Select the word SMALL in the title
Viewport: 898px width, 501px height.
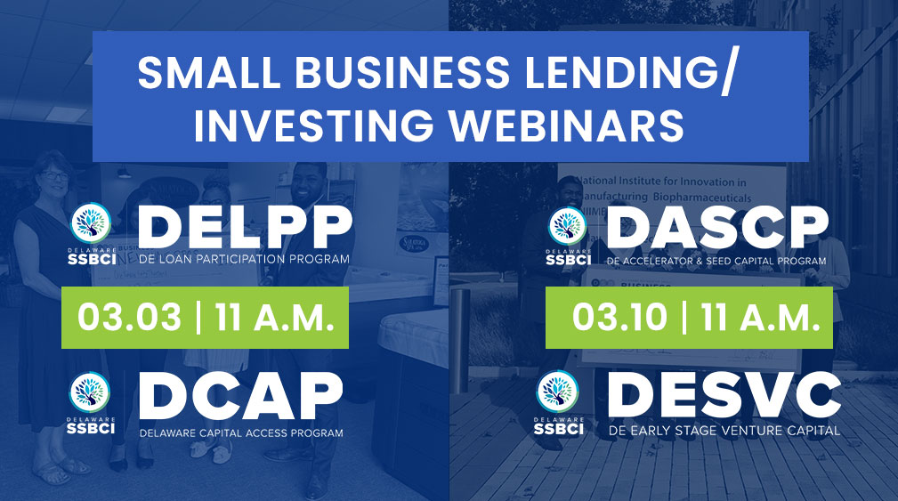click(x=209, y=73)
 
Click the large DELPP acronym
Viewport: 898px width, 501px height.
click(x=245, y=227)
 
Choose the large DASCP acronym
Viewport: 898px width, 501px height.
click(x=717, y=227)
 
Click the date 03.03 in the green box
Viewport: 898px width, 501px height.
click(x=129, y=317)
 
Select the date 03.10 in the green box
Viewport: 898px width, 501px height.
click(x=619, y=317)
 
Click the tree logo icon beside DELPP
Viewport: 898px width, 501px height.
click(x=91, y=223)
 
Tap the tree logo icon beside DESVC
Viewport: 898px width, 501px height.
click(x=557, y=392)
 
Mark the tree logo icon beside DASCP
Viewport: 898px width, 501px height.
click(x=568, y=226)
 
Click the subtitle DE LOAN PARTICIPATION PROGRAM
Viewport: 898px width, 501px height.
click(x=244, y=259)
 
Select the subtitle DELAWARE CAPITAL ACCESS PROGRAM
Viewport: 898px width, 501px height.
click(x=241, y=432)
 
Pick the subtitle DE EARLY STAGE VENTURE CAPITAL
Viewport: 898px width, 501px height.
click(x=724, y=431)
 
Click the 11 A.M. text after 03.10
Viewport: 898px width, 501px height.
click(x=760, y=317)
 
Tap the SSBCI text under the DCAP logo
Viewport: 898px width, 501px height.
click(x=91, y=428)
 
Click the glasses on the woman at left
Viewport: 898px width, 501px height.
click(x=55, y=176)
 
